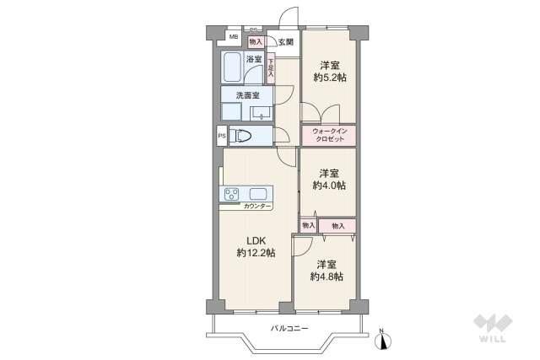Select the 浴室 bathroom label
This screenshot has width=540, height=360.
click(254, 59)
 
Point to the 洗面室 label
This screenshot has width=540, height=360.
click(247, 96)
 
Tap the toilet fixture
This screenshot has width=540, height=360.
click(245, 136)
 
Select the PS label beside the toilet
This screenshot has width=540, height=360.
click(222, 136)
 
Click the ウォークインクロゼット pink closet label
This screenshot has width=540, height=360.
click(329, 136)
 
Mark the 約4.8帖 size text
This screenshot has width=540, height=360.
click(326, 277)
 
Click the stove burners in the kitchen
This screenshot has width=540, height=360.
click(231, 194)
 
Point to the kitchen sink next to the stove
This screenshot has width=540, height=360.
click(258, 193)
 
